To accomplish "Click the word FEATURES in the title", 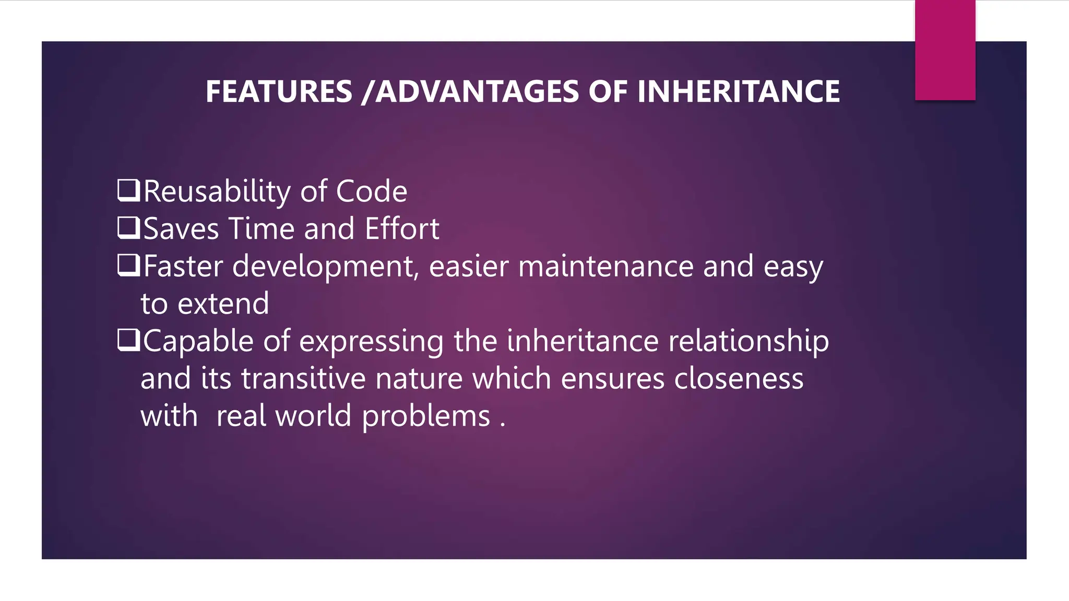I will pos(279,92).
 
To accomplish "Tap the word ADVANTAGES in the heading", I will pos(477,92).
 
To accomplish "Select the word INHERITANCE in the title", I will pos(738,92).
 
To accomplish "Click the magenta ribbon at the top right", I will pos(945,50).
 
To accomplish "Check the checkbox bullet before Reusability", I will pos(128,190).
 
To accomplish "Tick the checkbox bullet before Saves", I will pos(128,228).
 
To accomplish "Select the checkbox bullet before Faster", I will pos(128,266).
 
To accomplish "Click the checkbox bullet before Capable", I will pos(128,340).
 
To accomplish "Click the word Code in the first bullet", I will pos(371,191).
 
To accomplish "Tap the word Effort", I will pos(402,229).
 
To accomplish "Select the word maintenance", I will pos(605,267).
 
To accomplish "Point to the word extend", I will pos(223,304).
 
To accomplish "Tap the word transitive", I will pos(303,379).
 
